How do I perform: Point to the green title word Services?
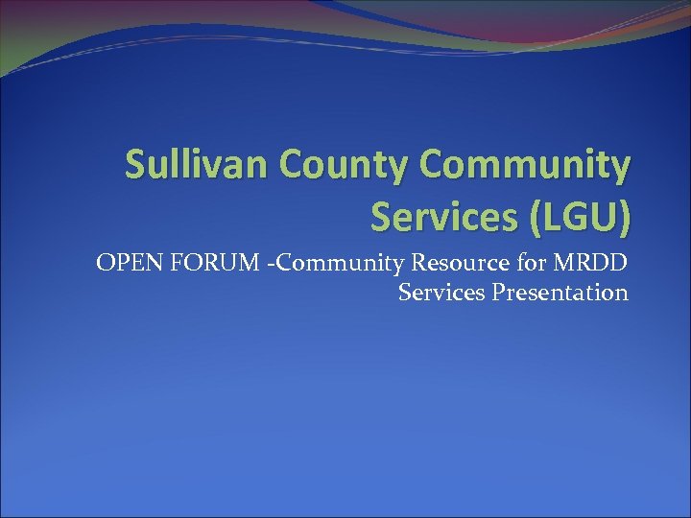click(x=437, y=219)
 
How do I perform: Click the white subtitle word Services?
click(x=441, y=292)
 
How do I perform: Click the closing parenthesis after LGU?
click(x=626, y=219)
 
